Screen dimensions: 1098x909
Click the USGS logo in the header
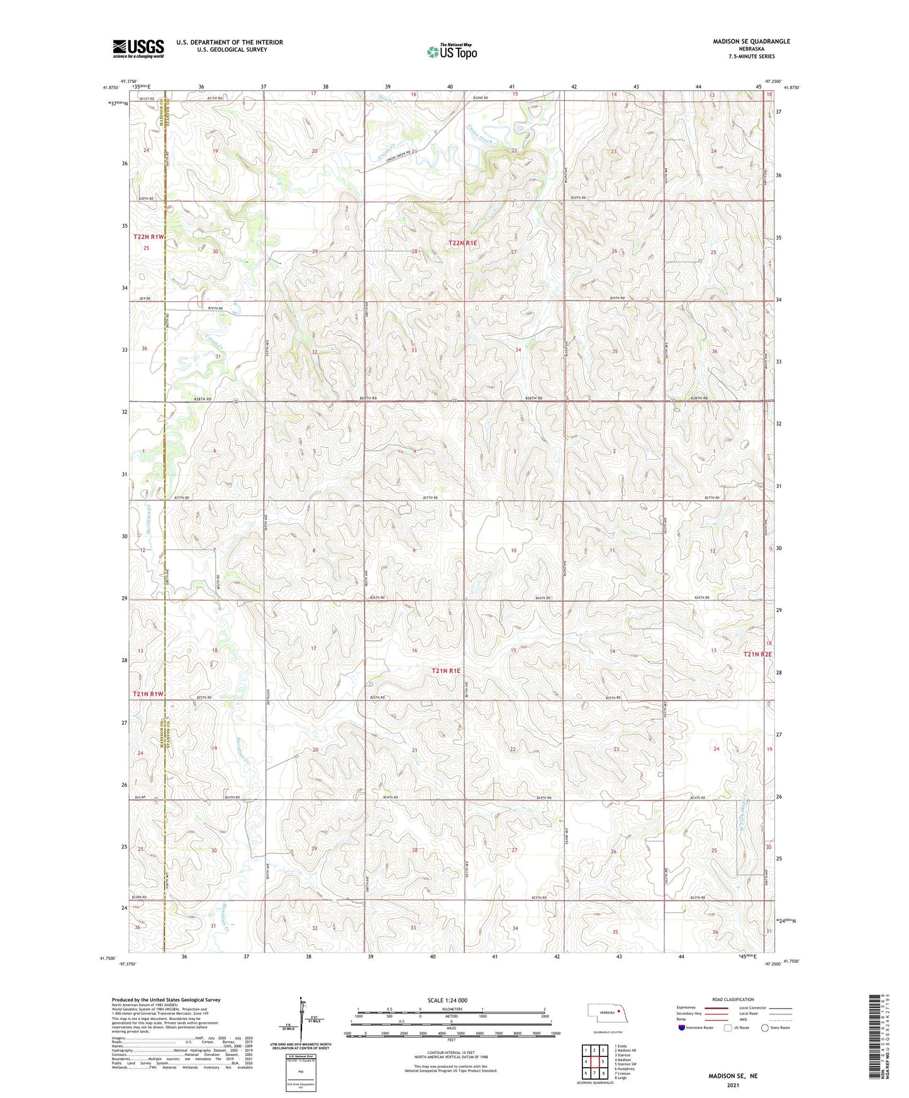[x=138, y=48]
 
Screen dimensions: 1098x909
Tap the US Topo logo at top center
[x=451, y=52]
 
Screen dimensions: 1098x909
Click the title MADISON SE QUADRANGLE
[x=751, y=42]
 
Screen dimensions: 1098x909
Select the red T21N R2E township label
[x=757, y=654]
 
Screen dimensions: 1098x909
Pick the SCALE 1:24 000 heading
[x=447, y=1000]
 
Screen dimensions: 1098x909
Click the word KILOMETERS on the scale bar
[x=451, y=1009]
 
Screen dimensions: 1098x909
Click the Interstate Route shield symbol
[x=681, y=1028]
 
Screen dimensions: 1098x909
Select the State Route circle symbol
[x=765, y=1028]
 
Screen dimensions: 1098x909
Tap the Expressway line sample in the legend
[x=717, y=1007]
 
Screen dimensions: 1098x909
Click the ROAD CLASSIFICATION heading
[x=733, y=999]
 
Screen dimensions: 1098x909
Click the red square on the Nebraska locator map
[x=619, y=1012]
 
